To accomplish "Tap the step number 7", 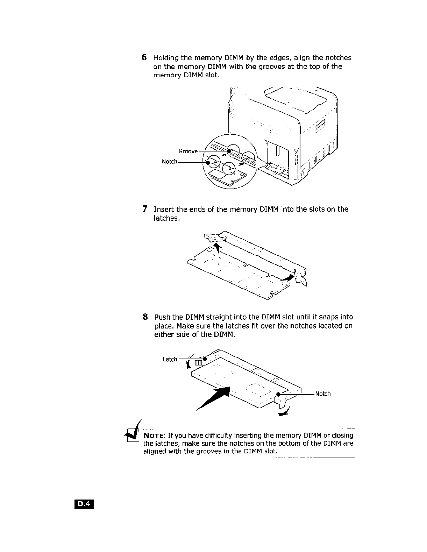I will point(144,209).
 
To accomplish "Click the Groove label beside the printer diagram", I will point(188,151).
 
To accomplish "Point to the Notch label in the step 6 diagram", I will point(170,162).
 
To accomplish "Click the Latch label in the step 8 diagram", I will point(170,359).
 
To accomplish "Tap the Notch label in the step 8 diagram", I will point(323,394).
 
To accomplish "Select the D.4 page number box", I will point(84,504).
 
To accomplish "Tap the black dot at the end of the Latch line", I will point(205,359).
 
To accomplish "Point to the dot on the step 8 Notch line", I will point(278,394).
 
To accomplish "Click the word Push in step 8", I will point(162,317).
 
